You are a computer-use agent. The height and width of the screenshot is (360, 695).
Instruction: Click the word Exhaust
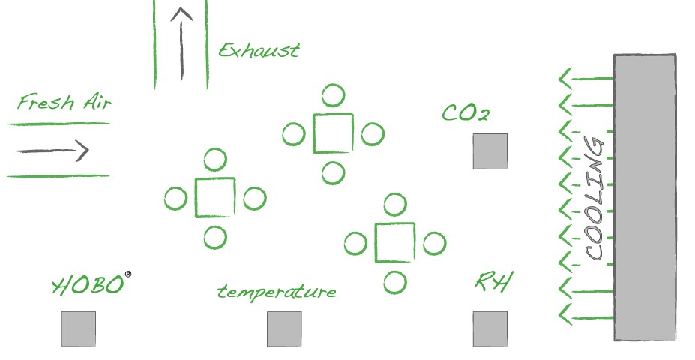(x=259, y=51)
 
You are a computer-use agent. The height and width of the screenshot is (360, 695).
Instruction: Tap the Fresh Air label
(x=64, y=103)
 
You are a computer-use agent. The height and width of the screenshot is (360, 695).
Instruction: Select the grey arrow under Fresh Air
(x=52, y=151)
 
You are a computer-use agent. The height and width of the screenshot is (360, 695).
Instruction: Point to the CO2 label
(x=466, y=113)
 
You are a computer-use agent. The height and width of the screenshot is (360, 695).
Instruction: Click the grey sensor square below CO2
(x=490, y=151)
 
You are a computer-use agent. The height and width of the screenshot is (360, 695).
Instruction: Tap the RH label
(x=494, y=283)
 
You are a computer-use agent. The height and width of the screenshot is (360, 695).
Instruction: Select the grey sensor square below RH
(x=490, y=328)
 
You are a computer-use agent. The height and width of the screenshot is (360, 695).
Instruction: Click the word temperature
(x=277, y=291)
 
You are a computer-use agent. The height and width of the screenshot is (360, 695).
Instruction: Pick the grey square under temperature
(x=284, y=328)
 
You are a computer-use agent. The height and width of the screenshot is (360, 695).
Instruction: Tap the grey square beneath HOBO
(x=78, y=328)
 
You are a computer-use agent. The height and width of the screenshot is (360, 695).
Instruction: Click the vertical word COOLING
(x=594, y=199)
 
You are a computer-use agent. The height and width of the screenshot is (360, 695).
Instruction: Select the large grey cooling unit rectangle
(x=645, y=197)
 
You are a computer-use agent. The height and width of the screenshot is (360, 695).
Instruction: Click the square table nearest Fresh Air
(x=215, y=198)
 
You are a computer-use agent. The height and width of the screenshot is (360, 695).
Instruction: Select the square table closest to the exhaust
(x=333, y=133)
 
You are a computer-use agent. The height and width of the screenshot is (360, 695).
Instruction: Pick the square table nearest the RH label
(x=394, y=243)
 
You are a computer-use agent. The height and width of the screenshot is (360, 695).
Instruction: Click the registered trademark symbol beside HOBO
(x=128, y=274)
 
